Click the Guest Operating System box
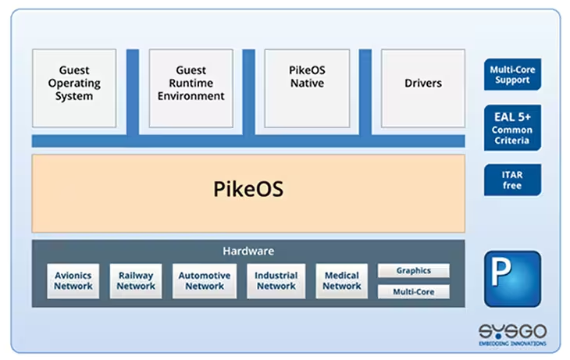click(x=74, y=88)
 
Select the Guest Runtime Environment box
click(x=191, y=88)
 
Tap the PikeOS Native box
click(x=307, y=88)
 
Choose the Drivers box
click(x=423, y=88)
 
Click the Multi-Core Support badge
click(x=512, y=74)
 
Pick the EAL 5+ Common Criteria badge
click(x=512, y=127)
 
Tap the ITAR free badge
click(x=512, y=180)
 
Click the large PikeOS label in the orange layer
click(x=248, y=189)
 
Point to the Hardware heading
click(x=248, y=251)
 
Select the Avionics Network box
click(x=73, y=280)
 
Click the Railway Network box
click(x=136, y=280)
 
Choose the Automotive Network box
click(x=205, y=280)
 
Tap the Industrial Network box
click(x=276, y=280)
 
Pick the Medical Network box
click(x=342, y=280)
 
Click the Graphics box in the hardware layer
click(x=414, y=270)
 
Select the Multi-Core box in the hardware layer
click(x=414, y=291)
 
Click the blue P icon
click(x=512, y=279)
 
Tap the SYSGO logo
click(x=512, y=331)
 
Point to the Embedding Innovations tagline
click(x=512, y=344)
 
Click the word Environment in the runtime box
click(x=191, y=96)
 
